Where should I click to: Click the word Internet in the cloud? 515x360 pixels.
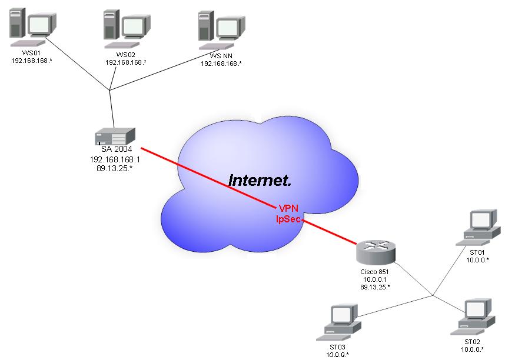pos(260,180)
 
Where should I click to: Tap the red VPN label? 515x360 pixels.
pos(288,209)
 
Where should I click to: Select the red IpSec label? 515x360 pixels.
pos(288,219)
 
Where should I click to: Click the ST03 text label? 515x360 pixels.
pos(337,348)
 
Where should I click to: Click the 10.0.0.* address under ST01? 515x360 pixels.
pos(477,259)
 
